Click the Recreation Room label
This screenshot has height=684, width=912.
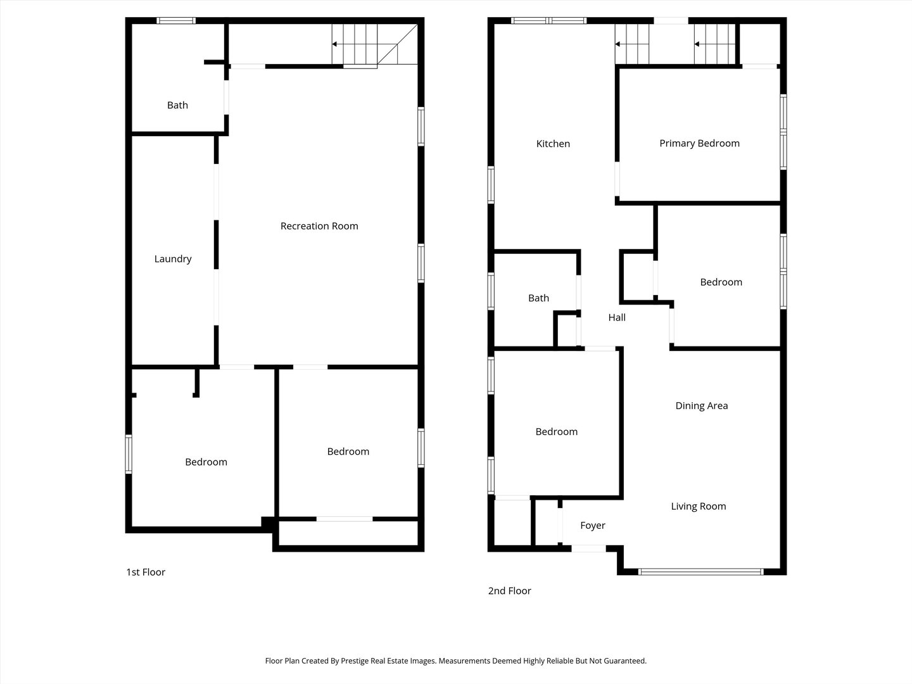pyautogui.click(x=319, y=226)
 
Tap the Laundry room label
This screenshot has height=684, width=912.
pyautogui.click(x=173, y=259)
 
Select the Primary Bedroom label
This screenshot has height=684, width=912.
pyautogui.click(x=699, y=144)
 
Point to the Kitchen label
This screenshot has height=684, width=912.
pyautogui.click(x=553, y=144)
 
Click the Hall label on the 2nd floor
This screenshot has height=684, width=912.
pyautogui.click(x=617, y=318)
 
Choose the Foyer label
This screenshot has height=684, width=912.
pyautogui.click(x=593, y=526)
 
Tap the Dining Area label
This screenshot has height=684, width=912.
pyautogui.click(x=701, y=406)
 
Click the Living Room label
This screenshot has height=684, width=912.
pyautogui.click(x=699, y=506)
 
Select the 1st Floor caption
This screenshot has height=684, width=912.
pyautogui.click(x=146, y=573)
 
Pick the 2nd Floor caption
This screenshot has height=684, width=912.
pyautogui.click(x=509, y=590)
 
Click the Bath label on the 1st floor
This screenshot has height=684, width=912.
pyautogui.click(x=177, y=106)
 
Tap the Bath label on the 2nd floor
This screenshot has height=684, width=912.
pyautogui.click(x=538, y=298)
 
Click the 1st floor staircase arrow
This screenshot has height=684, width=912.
pyautogui.click(x=354, y=44)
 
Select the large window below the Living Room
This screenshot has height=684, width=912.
pyautogui.click(x=700, y=572)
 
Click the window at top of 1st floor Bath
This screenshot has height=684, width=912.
pyautogui.click(x=176, y=20)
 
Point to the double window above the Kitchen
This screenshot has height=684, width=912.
pyautogui.click(x=548, y=20)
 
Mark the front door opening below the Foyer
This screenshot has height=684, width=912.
pyautogui.click(x=588, y=548)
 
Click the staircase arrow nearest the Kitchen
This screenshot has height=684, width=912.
pyautogui.click(x=631, y=44)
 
